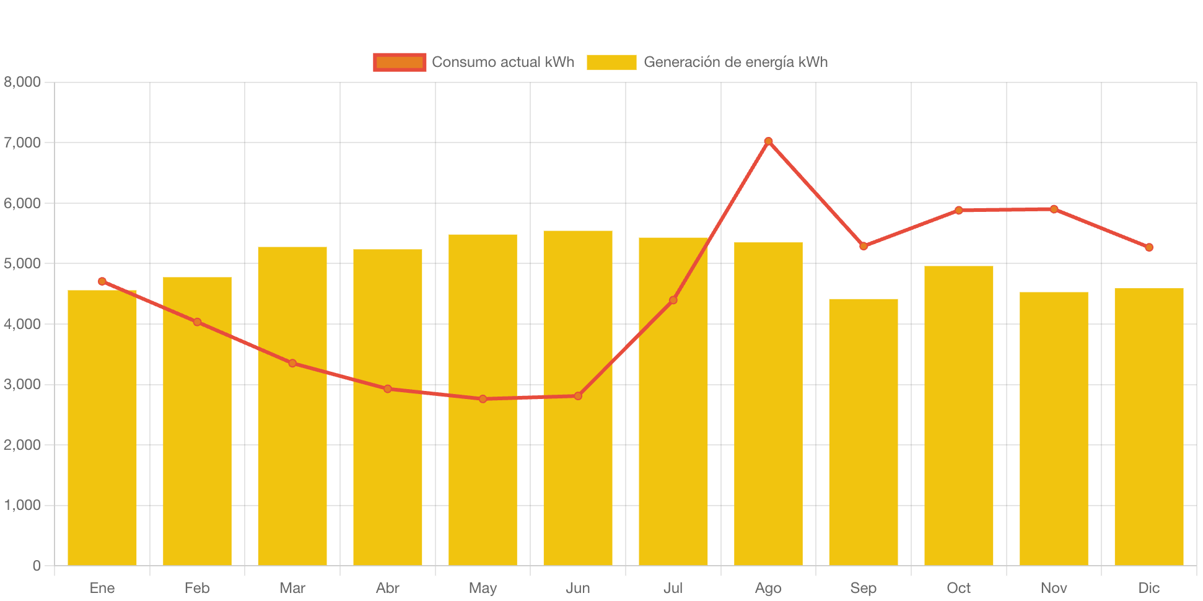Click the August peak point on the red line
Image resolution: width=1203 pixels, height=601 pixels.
[x=768, y=141]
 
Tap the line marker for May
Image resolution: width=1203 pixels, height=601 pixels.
[x=483, y=399]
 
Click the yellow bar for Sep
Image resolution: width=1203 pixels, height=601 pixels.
[x=864, y=434]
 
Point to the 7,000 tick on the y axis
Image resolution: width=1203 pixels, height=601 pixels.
[x=22, y=143]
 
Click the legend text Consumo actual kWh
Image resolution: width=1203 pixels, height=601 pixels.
[x=503, y=62]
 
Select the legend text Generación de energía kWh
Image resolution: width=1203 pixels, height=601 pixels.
[x=735, y=62]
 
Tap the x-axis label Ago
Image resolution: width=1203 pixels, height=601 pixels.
[x=768, y=588]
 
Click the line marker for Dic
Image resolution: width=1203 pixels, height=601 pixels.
[x=1149, y=247]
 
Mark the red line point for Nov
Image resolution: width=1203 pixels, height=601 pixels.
[x=1054, y=209]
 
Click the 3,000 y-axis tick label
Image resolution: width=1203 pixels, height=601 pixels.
[x=22, y=384]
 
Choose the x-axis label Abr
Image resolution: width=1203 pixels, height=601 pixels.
[x=388, y=588]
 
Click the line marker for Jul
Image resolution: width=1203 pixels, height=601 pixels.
[x=673, y=300]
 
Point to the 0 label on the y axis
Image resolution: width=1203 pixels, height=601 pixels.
[x=37, y=566]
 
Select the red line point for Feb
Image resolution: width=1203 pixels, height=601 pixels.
[x=197, y=322]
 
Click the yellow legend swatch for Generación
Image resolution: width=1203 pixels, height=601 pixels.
[x=611, y=62]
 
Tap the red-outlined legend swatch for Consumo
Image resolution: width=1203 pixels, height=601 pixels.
[x=400, y=62]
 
